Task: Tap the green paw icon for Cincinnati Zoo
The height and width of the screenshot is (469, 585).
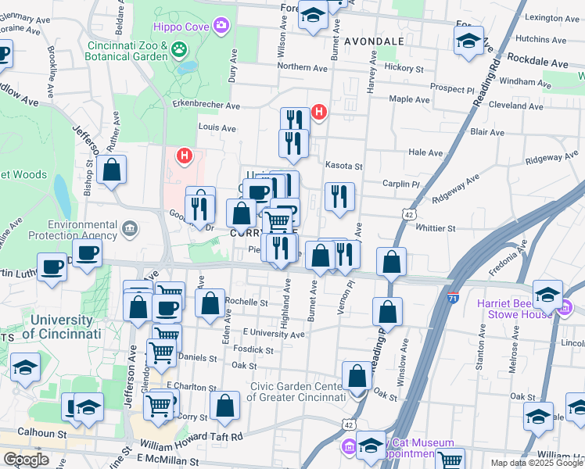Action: [x=181, y=49]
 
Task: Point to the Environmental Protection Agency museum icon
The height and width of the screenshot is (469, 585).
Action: [x=130, y=229]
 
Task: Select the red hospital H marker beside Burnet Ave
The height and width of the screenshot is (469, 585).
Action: [x=318, y=113]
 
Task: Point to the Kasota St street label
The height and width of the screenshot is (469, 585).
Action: [x=346, y=166]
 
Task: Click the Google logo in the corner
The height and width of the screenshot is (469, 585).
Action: [x=26, y=459]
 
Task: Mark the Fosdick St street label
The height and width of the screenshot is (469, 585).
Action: [x=253, y=350]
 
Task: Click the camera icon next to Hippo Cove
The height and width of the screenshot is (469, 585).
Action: [x=221, y=27]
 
